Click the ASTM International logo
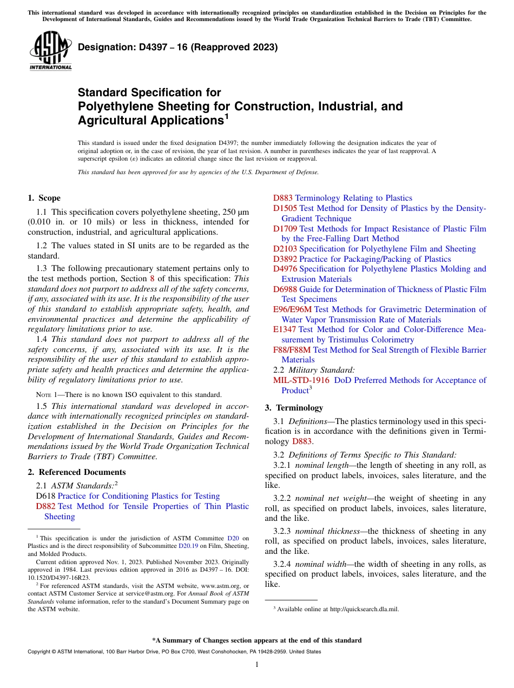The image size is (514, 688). [50, 51]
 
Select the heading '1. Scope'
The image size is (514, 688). [44, 198]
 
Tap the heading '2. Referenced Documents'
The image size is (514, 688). [76, 472]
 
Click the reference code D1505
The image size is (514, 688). [285, 208]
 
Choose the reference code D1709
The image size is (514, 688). [285, 229]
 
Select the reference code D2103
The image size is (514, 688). [285, 249]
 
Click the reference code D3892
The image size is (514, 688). [285, 259]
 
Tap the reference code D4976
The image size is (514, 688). [285, 269]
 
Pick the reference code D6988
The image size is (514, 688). [285, 289]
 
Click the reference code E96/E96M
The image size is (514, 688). [292, 309]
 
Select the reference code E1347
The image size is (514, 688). [285, 329]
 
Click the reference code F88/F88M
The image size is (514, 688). [292, 350]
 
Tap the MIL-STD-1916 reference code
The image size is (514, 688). [301, 380]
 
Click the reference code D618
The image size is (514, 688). [45, 496]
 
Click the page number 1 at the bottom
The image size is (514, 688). [257, 664]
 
